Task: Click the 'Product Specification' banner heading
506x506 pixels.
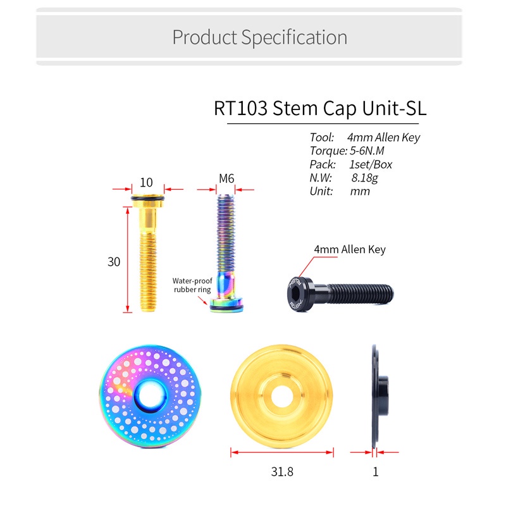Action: coord(260,37)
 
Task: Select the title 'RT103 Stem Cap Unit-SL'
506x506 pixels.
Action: coord(320,108)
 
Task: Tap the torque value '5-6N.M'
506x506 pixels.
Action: coord(367,151)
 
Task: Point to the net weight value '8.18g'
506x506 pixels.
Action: coord(365,178)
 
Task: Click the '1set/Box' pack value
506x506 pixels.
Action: coord(371,164)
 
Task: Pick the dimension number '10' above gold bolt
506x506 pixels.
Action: coord(146,183)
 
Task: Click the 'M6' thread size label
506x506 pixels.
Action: coord(226,178)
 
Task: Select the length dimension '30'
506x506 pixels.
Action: coord(114,262)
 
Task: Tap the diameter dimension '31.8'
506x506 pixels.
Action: coord(282,472)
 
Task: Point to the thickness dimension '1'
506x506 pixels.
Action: coord(375,472)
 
